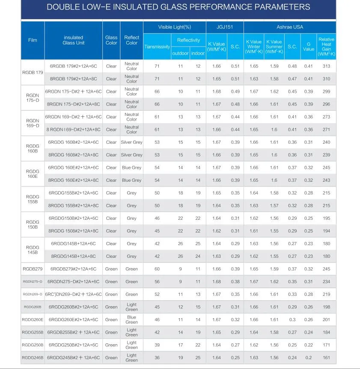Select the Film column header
click(33, 40)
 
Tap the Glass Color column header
click(111, 40)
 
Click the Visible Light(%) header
click(175, 27)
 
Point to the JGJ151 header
click(225, 27)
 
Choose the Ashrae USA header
click(290, 27)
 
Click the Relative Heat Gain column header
click(327, 47)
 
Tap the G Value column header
click(309, 47)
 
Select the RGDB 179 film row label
click(33, 73)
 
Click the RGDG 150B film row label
click(33, 224)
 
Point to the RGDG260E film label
click(33, 319)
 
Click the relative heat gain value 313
click(327, 66)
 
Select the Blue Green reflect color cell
click(132, 319)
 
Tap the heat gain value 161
click(327, 357)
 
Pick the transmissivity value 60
click(157, 269)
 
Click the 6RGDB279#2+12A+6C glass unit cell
click(74, 269)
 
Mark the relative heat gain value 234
click(327, 282)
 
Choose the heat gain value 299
click(327, 92)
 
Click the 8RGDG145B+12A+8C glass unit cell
click(74, 256)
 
